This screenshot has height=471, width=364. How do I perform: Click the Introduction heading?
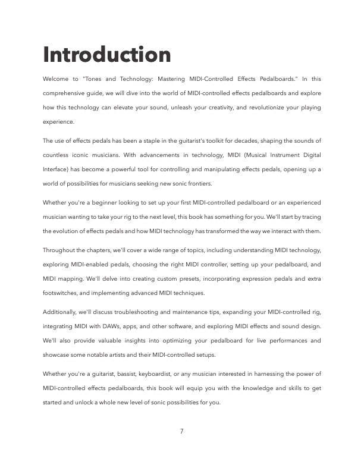pos(107,55)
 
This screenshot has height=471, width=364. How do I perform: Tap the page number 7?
pos(181,431)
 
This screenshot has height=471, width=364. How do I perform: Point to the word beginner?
pos(103,203)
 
